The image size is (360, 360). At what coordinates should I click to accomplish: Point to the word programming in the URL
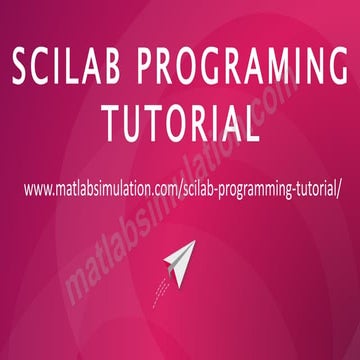pyautogui.click(x=238, y=188)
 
